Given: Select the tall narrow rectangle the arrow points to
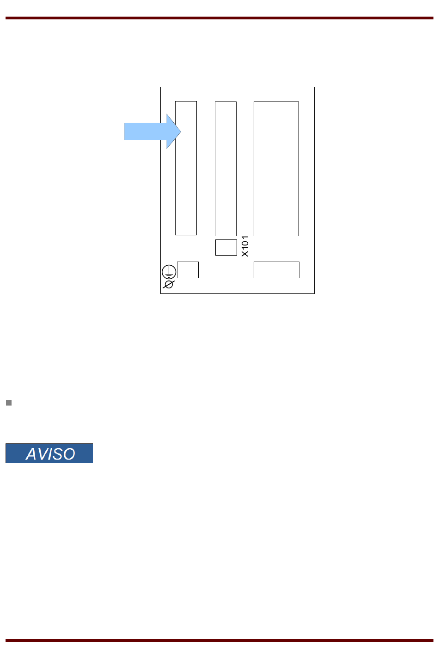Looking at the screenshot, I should [186, 185].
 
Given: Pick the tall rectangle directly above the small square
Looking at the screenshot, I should [226, 168].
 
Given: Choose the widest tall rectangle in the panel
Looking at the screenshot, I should [276, 168].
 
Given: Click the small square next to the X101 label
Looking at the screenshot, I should [226, 247].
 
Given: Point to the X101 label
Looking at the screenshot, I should [245, 246].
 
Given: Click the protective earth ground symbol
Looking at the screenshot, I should [169, 272].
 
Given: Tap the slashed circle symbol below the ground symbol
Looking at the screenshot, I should [169, 284].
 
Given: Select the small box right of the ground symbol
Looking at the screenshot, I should [188, 270].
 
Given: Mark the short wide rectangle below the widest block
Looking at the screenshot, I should [276, 270].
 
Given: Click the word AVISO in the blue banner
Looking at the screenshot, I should [50, 454].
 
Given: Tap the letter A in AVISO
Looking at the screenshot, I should [31, 454].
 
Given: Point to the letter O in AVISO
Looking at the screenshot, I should [69, 454].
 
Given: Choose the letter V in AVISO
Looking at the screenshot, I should [43, 454].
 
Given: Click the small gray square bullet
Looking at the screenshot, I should [8, 403].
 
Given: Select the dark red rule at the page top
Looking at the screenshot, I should [219, 18].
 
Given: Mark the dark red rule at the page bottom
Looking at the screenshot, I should [219, 640].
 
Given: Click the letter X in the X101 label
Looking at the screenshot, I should [245, 253].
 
